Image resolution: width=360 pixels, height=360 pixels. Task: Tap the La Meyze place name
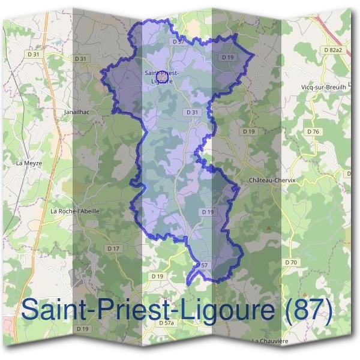click(x=28, y=163)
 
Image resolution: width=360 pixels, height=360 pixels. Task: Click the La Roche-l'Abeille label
click(x=75, y=211)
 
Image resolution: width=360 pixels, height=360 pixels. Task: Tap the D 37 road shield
click(x=178, y=42)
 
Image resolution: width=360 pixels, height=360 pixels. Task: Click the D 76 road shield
click(x=313, y=131)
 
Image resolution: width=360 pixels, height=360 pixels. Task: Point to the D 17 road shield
click(x=113, y=248)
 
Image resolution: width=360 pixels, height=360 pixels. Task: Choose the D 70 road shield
click(x=292, y=262)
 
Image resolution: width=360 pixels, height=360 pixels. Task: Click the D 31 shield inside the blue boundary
click(x=192, y=112)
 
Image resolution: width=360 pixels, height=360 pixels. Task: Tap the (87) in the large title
click(x=305, y=310)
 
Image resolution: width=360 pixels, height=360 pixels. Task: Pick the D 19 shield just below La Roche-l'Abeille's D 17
click(x=157, y=276)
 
